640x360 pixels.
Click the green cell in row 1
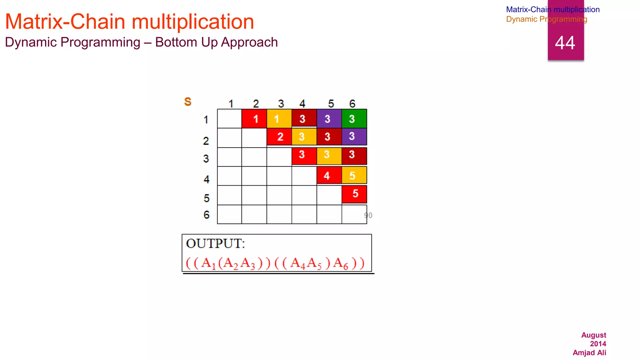click(354, 119)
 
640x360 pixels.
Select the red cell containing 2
click(279, 137)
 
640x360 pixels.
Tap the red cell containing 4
click(329, 175)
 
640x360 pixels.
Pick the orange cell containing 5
click(354, 175)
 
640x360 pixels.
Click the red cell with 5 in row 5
click(354, 194)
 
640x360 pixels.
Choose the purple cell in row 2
click(354, 137)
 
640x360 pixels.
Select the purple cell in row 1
click(329, 119)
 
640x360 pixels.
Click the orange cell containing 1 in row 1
click(279, 119)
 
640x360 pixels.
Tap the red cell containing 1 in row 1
click(254, 119)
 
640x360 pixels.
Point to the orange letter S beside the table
click(187, 102)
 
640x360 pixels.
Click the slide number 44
click(565, 43)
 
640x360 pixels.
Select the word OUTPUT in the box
click(215, 243)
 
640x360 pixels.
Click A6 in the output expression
click(340, 263)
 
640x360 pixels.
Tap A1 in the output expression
click(208, 263)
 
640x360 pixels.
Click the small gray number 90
click(368, 215)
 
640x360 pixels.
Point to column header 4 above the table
click(302, 103)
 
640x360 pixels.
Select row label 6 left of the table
click(206, 215)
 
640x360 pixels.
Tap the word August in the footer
click(593, 335)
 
